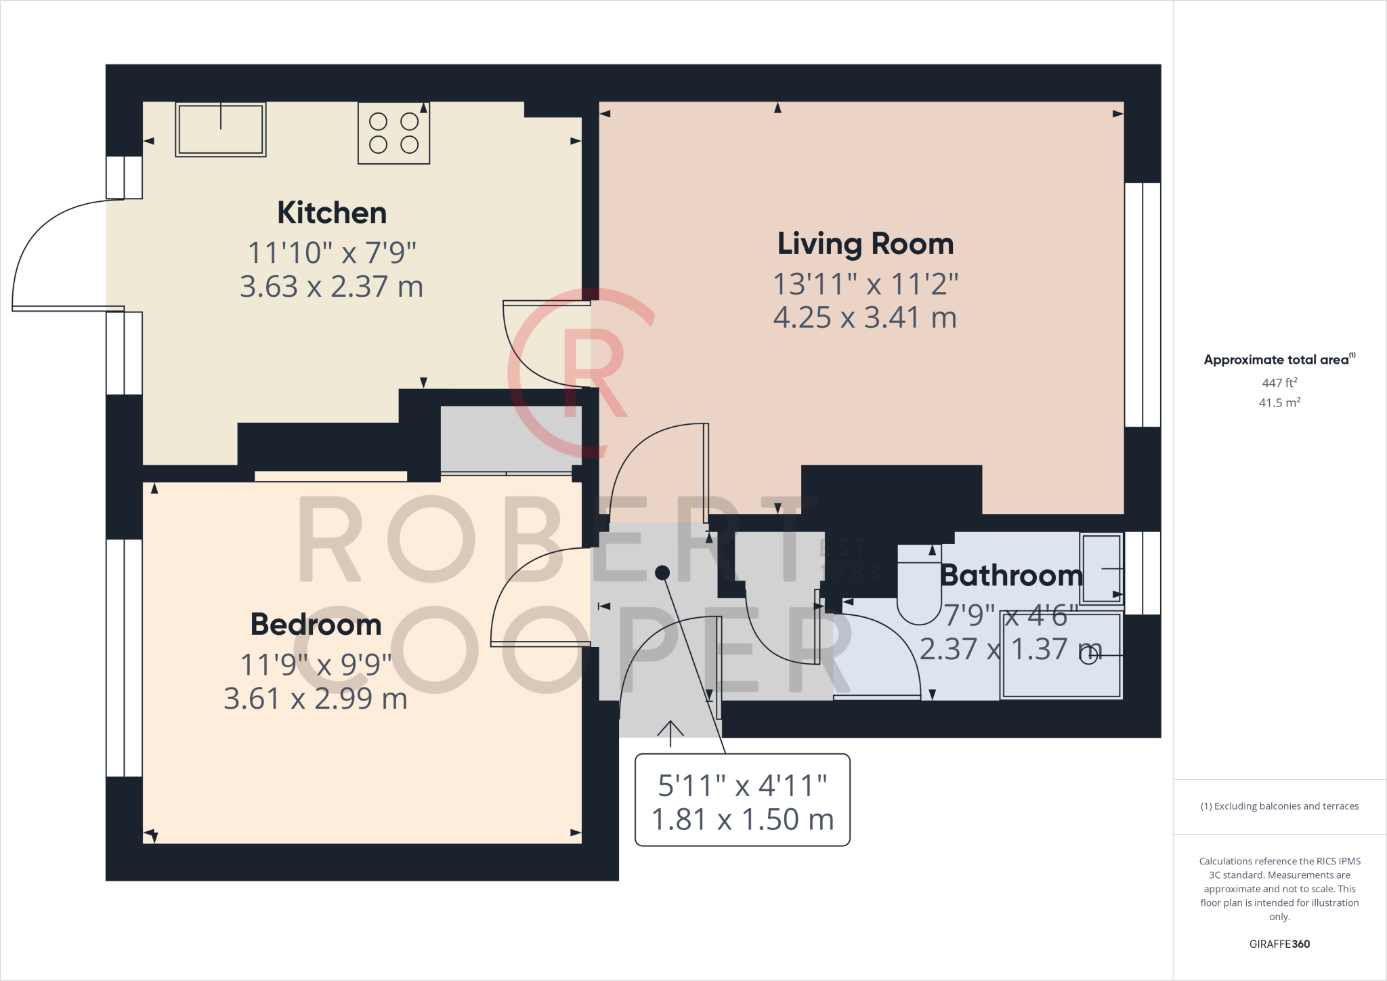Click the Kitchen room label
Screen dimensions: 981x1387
point(332,213)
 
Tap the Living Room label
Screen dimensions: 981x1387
point(865,244)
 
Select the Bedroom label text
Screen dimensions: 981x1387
point(316,625)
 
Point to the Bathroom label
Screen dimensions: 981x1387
point(1011,576)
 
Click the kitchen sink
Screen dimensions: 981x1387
point(221,129)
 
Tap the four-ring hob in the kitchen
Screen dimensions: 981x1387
point(393,133)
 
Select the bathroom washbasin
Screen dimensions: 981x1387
point(1101,568)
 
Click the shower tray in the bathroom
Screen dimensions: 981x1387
point(1061,655)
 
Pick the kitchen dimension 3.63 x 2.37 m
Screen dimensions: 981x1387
point(332,287)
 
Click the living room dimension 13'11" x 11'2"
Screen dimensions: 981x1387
point(865,285)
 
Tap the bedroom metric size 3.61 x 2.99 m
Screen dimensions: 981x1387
point(316,699)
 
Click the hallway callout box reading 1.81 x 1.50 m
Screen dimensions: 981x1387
point(742,820)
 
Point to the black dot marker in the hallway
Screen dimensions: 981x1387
point(662,573)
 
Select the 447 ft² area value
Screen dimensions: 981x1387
point(1279,383)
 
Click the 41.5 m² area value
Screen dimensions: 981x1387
point(1279,402)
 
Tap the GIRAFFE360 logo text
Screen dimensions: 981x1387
point(1279,944)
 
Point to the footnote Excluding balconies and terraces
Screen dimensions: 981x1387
point(1279,806)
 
